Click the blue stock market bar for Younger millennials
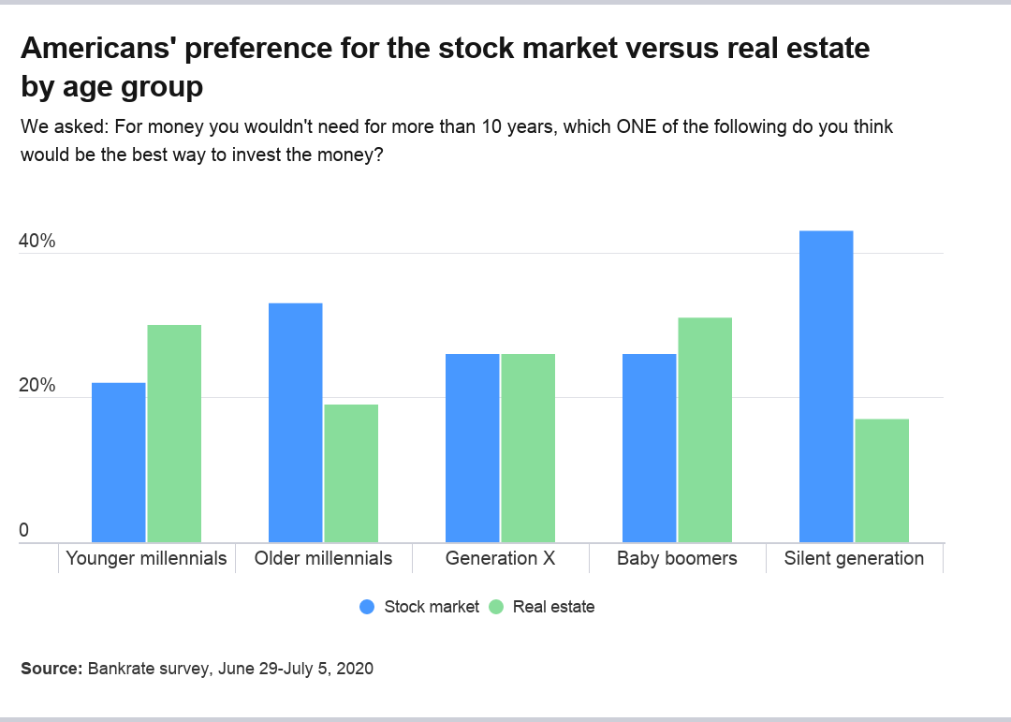click(118, 462)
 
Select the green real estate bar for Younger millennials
click(174, 433)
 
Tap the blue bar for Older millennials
click(295, 422)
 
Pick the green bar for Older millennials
click(351, 473)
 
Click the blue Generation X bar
click(472, 448)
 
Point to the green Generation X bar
click(528, 448)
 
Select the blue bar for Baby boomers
click(649, 448)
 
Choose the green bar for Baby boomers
click(705, 430)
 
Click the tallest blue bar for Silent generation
click(826, 386)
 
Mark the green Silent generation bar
click(882, 480)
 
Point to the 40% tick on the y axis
click(37, 241)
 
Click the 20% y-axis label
click(37, 386)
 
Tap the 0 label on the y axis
click(24, 530)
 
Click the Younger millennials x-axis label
click(146, 558)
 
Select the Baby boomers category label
click(677, 558)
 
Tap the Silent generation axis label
click(854, 558)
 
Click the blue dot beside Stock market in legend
click(367, 607)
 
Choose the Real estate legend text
click(553, 607)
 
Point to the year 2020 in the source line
click(355, 669)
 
